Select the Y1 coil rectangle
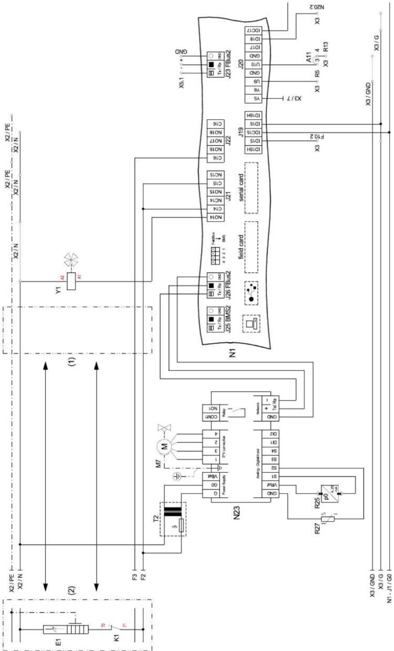(71, 281)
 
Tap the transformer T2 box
(172, 519)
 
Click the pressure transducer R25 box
(329, 493)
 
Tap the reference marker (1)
(72, 361)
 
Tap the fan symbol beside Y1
(71, 260)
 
